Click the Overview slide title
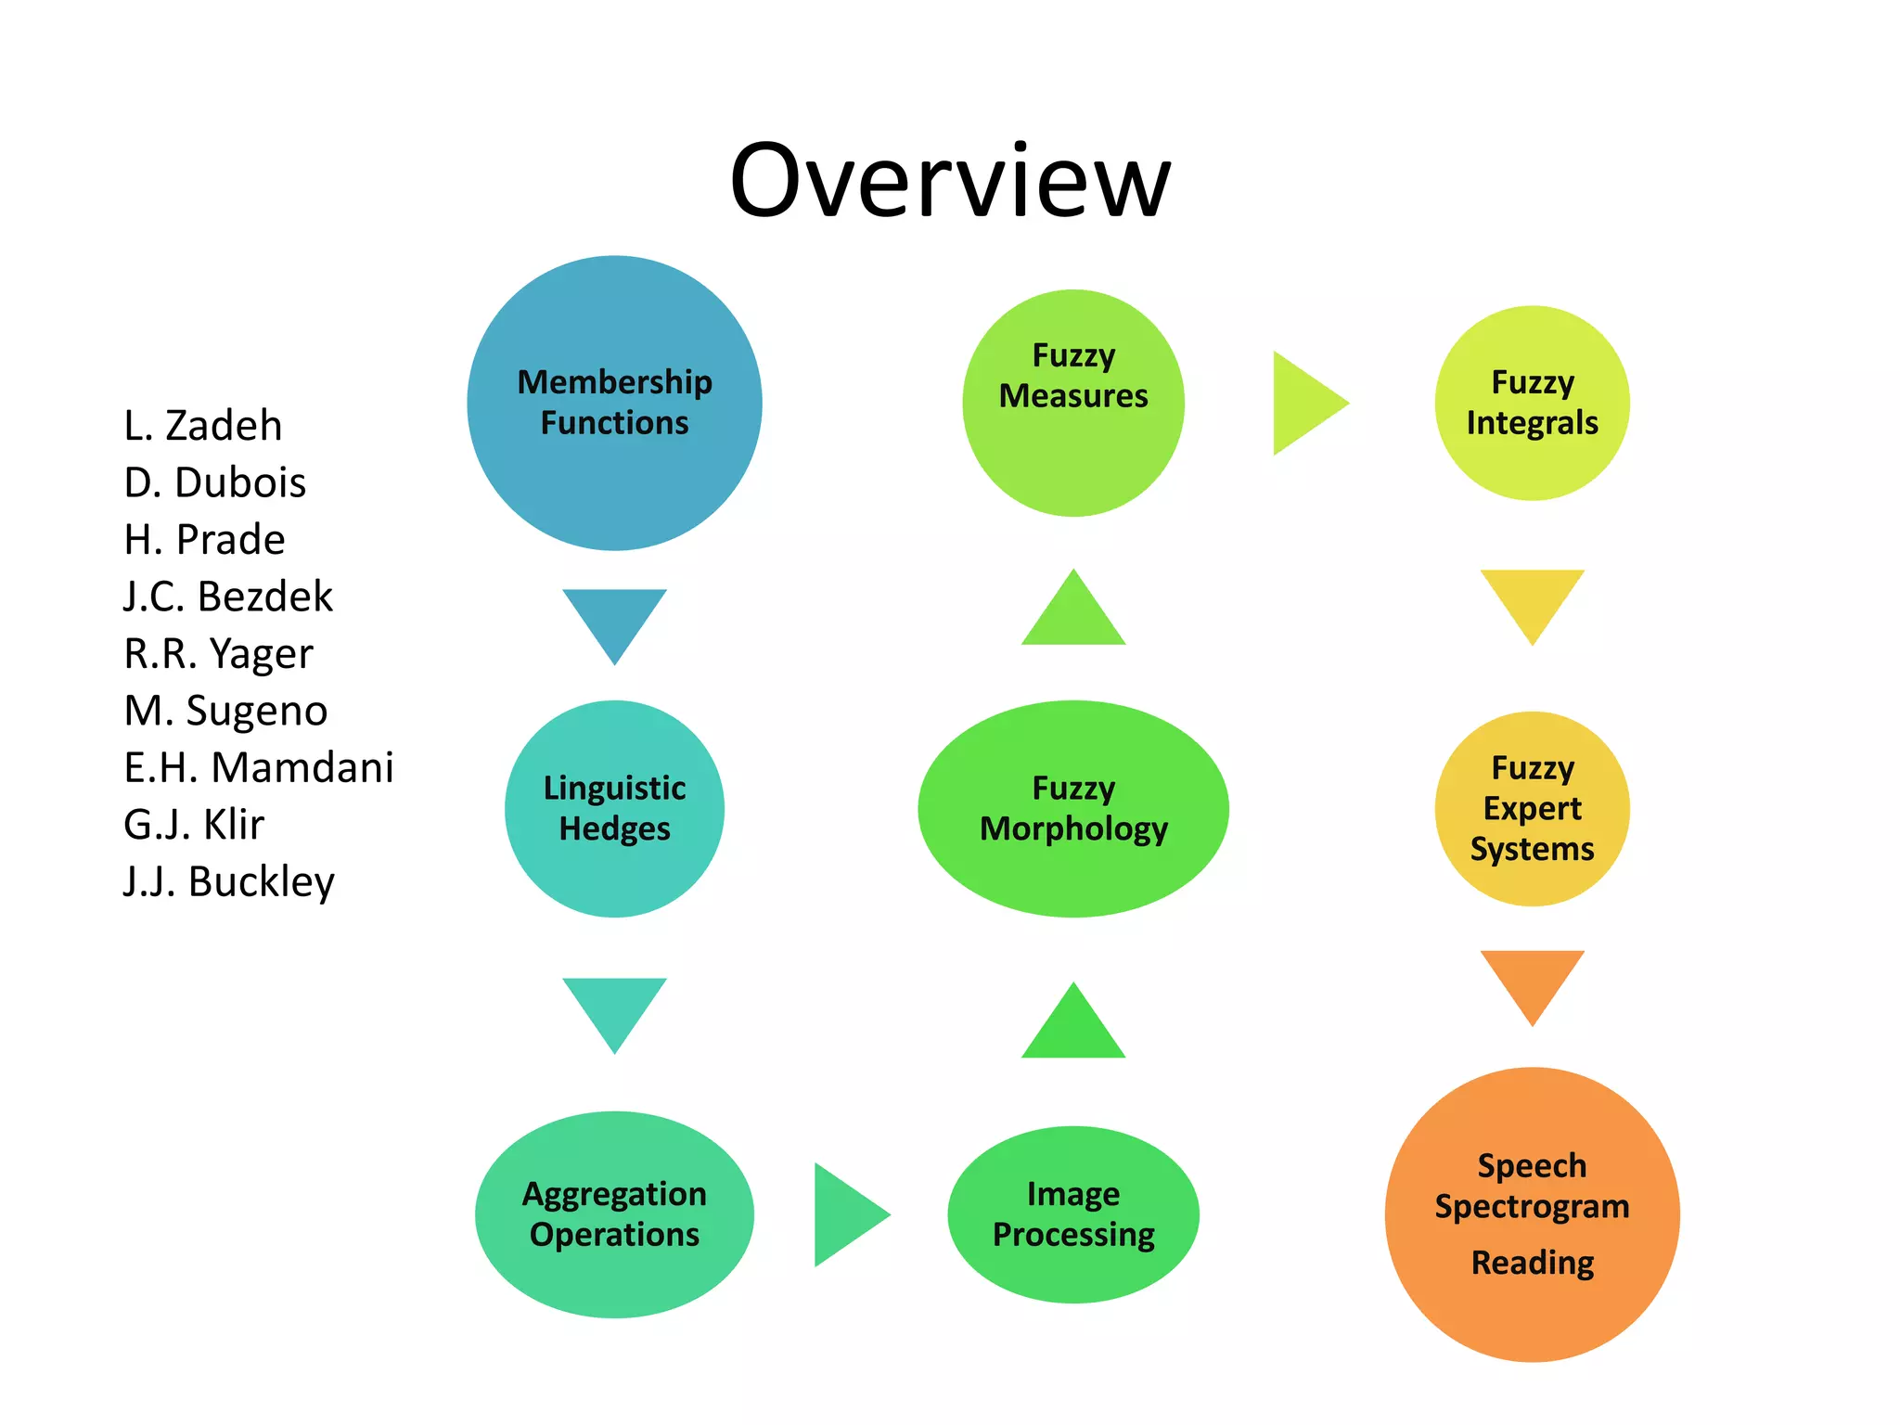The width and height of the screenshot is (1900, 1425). click(x=950, y=181)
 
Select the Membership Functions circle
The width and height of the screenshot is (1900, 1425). click(x=614, y=404)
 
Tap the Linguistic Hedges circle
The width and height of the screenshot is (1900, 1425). click(x=614, y=809)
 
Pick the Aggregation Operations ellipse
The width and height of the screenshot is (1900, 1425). click(x=614, y=1214)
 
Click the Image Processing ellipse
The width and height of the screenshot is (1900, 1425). click(x=1073, y=1214)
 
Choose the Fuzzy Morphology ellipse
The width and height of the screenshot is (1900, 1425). click(x=1073, y=809)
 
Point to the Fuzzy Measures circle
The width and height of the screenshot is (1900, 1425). click(x=1073, y=404)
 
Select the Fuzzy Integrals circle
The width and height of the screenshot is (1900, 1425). click(x=1532, y=404)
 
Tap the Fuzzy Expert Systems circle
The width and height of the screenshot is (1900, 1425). click(x=1532, y=809)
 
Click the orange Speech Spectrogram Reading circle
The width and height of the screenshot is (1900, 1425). click(x=1532, y=1214)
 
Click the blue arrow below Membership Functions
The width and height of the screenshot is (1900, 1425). click(x=614, y=617)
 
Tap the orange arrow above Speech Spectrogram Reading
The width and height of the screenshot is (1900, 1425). click(x=1532, y=979)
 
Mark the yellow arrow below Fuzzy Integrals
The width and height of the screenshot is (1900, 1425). click(x=1532, y=598)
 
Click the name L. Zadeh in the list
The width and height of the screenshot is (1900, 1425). click(x=203, y=426)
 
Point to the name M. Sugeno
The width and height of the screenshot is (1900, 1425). click(x=225, y=711)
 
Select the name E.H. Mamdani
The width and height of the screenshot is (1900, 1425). click(x=259, y=768)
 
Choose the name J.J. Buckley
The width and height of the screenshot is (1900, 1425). click(x=229, y=881)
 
